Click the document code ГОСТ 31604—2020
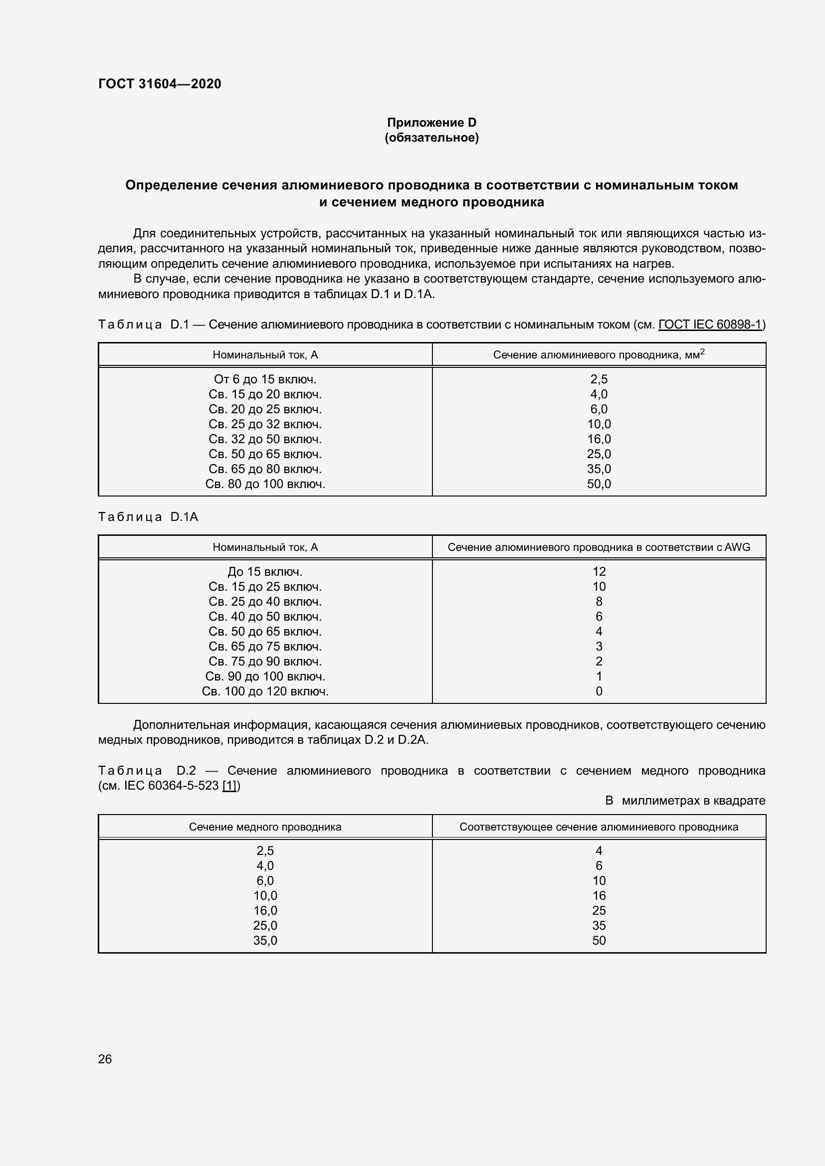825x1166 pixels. click(x=160, y=84)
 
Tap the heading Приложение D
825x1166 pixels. click(x=431, y=123)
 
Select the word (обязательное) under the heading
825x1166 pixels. click(x=431, y=138)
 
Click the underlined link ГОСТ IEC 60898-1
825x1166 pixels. click(x=710, y=324)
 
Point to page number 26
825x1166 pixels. click(x=105, y=1059)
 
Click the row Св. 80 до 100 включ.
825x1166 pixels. click(x=265, y=484)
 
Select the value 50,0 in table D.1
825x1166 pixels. click(x=599, y=484)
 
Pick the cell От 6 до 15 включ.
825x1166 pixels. click(x=265, y=379)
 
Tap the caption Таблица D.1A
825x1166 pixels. click(x=148, y=517)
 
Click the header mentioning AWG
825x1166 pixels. click(x=599, y=547)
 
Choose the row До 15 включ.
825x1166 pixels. click(x=265, y=572)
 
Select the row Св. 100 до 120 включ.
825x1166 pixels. click(x=265, y=691)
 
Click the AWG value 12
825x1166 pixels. click(x=599, y=572)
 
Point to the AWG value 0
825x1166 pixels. click(x=599, y=691)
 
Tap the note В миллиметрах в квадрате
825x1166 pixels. click(x=685, y=801)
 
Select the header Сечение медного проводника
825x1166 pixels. click(x=265, y=827)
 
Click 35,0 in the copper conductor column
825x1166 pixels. click(x=265, y=941)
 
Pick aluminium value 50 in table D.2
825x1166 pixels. click(x=599, y=941)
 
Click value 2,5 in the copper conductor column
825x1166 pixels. click(x=265, y=850)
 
